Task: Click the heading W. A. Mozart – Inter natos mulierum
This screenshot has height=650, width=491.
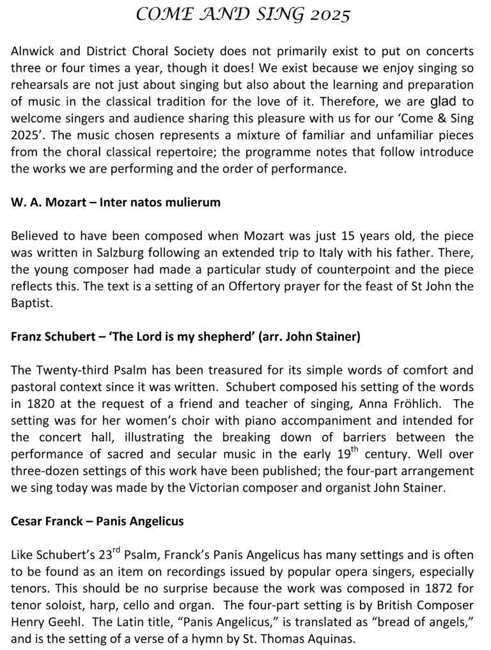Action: click(x=116, y=203)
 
